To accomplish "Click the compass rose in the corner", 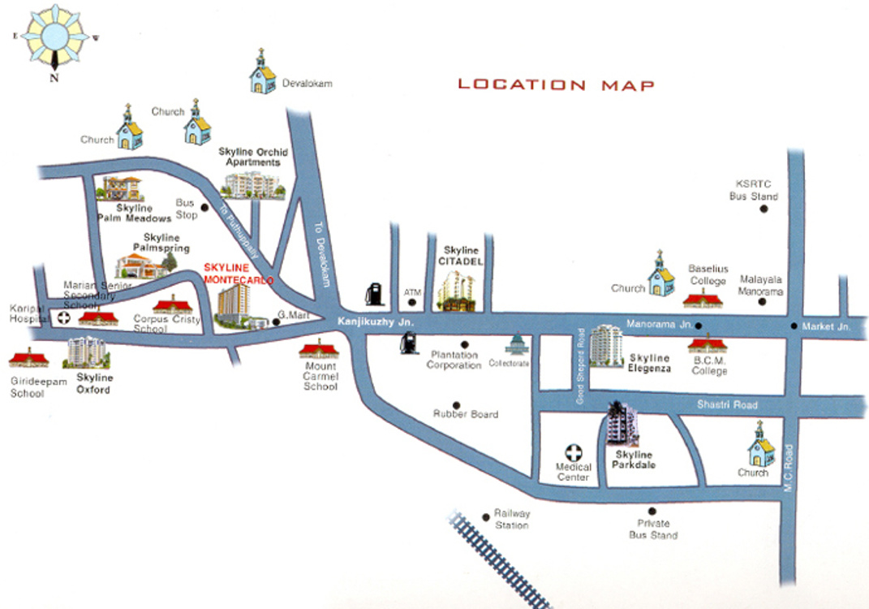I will coord(54,38).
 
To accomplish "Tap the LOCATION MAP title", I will coord(556,84).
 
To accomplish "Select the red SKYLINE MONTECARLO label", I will coord(239,274).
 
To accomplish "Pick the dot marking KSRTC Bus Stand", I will coord(764,209).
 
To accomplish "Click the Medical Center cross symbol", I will coord(574,452).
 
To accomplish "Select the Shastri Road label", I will coord(727,405).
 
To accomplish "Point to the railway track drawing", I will coord(498,560).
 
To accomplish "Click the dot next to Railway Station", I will coord(486,516).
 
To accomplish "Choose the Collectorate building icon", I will coord(515,344).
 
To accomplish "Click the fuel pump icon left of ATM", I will coord(373,293).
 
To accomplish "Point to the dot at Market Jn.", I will coord(794,326).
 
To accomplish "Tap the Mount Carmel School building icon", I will coord(318,351).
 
